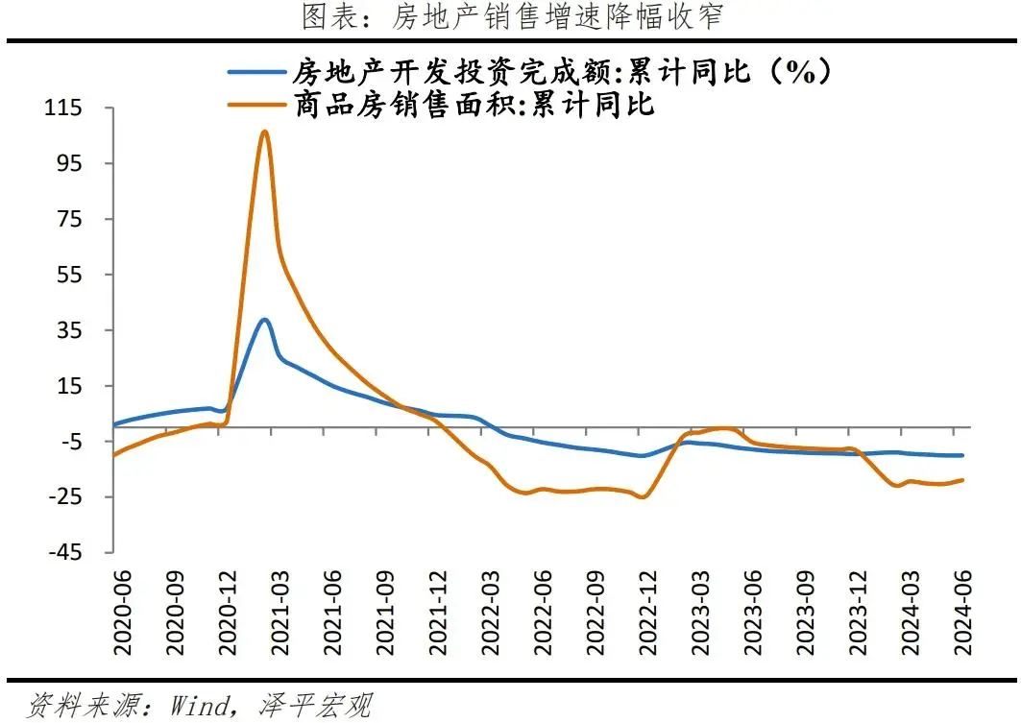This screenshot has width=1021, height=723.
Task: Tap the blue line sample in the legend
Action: pyautogui.click(x=256, y=72)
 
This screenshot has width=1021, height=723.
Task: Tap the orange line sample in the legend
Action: pyautogui.click(x=256, y=104)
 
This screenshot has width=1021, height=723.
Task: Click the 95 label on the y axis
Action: pyautogui.click(x=73, y=164)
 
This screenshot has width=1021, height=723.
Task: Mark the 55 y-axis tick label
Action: pyautogui.click(x=73, y=276)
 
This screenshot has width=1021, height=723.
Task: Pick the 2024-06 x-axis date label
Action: pyautogui.click(x=961, y=611)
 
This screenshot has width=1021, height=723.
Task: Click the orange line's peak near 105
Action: pyautogui.click(x=264, y=132)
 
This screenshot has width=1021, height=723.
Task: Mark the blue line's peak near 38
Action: pyautogui.click(x=264, y=320)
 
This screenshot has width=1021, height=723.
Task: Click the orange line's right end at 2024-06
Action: pyautogui.click(x=962, y=480)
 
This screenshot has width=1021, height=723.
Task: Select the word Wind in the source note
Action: pyautogui.click(x=201, y=706)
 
